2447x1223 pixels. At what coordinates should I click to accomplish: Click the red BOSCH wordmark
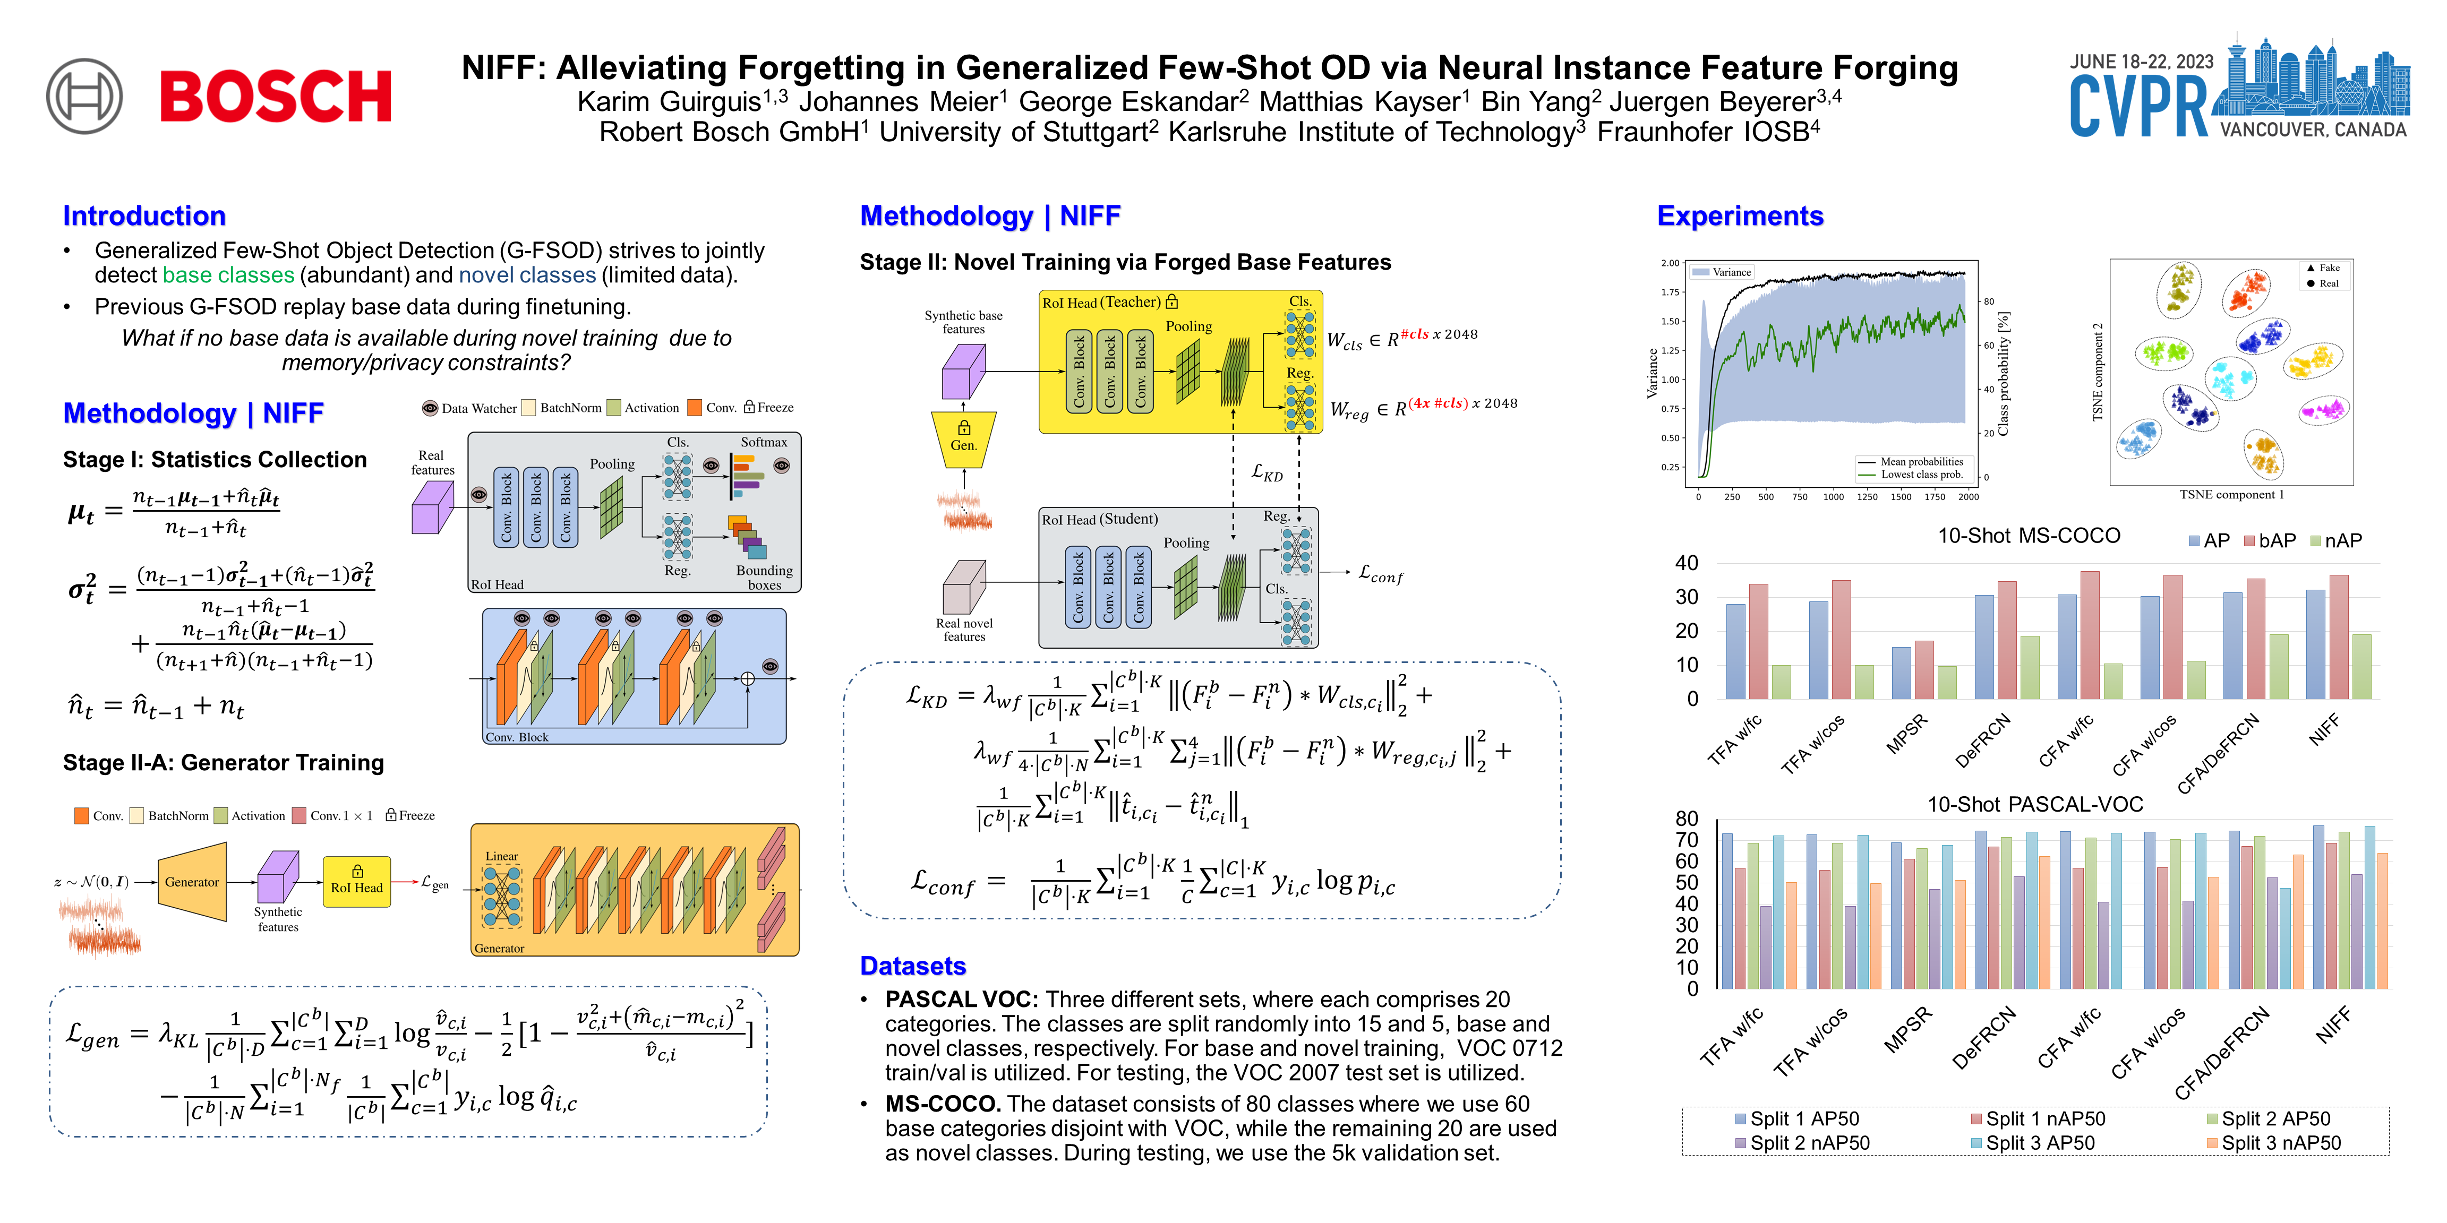tap(276, 96)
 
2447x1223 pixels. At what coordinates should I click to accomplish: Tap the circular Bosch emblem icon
tap(84, 96)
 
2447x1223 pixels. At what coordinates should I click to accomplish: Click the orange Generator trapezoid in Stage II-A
tap(193, 882)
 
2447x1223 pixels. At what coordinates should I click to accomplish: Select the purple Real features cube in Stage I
tap(432, 508)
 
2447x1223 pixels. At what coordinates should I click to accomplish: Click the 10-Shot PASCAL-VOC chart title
tap(2035, 804)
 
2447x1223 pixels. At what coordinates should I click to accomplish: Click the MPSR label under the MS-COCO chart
tap(1907, 734)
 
